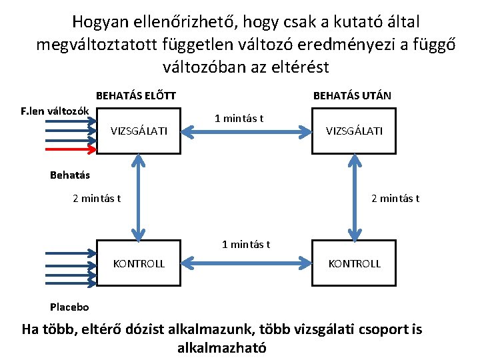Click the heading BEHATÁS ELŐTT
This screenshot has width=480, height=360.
click(x=136, y=95)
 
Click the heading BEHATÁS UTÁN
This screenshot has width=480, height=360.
click(x=352, y=95)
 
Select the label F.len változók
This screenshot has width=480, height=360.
click(x=55, y=110)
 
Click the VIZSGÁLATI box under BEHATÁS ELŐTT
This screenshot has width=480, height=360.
click(x=139, y=131)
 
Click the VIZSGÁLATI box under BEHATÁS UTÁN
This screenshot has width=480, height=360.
click(x=354, y=131)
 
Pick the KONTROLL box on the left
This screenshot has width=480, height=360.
click(x=139, y=263)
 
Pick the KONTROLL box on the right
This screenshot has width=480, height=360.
click(x=354, y=263)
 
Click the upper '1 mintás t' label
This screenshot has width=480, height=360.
click(x=239, y=119)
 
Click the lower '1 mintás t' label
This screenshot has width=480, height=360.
click(x=246, y=244)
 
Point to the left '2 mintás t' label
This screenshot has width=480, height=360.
click(x=97, y=198)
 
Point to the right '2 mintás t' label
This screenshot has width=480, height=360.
click(x=395, y=198)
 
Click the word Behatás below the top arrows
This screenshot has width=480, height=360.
click(x=70, y=176)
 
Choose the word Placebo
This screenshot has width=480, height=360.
click(x=69, y=307)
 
